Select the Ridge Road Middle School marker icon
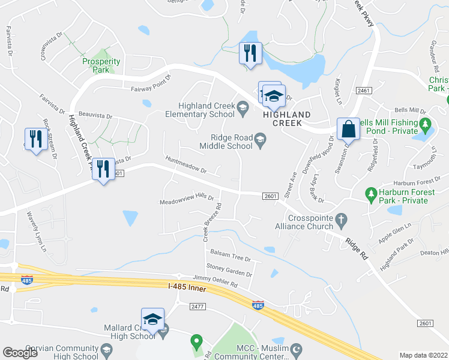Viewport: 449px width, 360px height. click(260, 141)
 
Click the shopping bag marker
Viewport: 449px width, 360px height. click(348, 128)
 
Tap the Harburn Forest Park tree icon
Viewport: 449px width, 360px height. click(372, 192)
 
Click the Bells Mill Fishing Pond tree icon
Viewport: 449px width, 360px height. click(426, 126)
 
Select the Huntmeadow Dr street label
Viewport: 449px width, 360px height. click(186, 164)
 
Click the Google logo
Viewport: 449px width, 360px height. click(20, 353)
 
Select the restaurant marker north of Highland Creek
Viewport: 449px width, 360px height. click(249, 53)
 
